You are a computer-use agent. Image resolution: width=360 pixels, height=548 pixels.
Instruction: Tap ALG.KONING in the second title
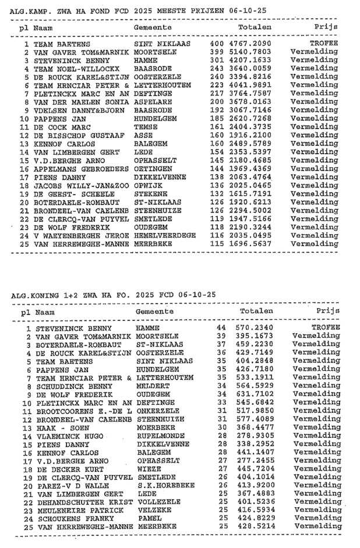click(34, 295)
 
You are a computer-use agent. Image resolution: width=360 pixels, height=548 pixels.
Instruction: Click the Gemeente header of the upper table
click(153, 27)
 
